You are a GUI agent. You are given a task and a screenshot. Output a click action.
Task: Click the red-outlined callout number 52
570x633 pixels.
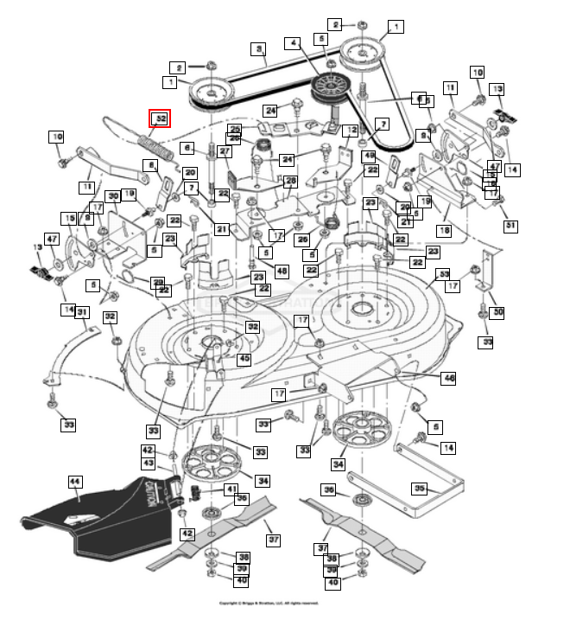(x=159, y=118)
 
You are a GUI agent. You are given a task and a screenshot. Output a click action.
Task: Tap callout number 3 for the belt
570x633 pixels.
(x=257, y=49)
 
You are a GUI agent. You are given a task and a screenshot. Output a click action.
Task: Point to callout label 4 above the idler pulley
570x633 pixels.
(x=293, y=42)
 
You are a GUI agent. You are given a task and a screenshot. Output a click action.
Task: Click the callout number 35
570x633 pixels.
(x=420, y=489)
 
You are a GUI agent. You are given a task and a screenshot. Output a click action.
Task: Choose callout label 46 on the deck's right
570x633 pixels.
(x=448, y=378)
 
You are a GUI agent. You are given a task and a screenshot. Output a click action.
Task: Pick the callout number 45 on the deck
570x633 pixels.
(x=244, y=359)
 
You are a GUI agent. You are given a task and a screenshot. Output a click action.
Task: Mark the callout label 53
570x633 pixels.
(x=445, y=274)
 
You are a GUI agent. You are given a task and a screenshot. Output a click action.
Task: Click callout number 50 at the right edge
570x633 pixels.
(x=497, y=312)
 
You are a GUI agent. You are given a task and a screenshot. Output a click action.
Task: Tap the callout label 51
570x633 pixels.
(x=510, y=227)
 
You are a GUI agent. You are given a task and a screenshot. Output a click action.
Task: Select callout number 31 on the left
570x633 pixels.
(x=82, y=312)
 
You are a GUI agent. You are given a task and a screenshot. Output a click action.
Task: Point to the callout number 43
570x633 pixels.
(x=148, y=464)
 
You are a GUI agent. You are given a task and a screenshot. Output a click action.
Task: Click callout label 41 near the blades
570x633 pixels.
(x=231, y=489)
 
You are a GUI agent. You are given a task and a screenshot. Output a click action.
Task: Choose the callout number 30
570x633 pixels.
(x=112, y=197)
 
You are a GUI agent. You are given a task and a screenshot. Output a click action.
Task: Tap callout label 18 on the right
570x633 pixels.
(x=444, y=231)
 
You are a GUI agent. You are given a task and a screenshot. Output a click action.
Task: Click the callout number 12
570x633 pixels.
(x=349, y=131)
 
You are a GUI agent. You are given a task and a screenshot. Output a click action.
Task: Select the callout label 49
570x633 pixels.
(x=369, y=156)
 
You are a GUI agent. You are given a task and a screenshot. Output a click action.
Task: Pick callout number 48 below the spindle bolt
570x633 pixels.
(x=282, y=272)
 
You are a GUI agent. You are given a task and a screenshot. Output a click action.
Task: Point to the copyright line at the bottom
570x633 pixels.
(x=268, y=603)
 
